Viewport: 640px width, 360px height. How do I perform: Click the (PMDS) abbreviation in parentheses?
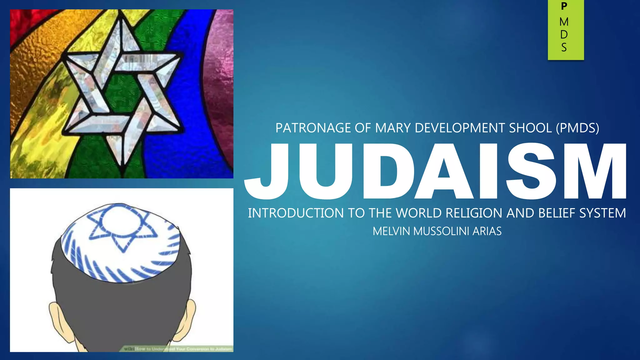(577, 128)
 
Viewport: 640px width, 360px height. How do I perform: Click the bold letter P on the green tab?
(564, 6)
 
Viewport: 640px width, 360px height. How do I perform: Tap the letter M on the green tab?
(564, 22)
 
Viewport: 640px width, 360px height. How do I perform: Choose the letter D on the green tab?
(564, 35)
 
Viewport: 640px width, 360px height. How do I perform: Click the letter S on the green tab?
(564, 47)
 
